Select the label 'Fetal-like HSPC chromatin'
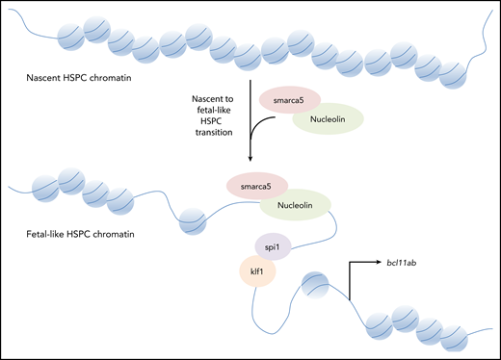(x=79, y=234)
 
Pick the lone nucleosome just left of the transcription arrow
(x=320, y=288)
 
